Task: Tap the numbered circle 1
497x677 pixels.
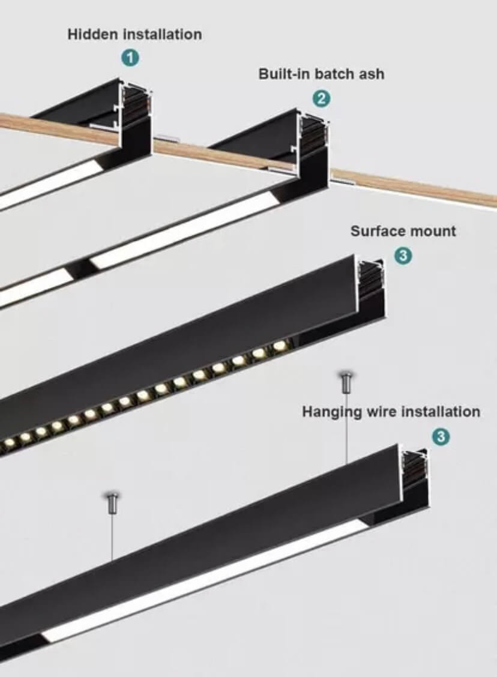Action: (x=131, y=58)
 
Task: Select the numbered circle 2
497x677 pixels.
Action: (x=321, y=99)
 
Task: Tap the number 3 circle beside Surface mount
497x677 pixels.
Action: (x=403, y=256)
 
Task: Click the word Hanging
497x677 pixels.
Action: (x=331, y=412)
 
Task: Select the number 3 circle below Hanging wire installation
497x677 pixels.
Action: (x=441, y=437)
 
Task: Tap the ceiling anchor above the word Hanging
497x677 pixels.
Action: (x=347, y=382)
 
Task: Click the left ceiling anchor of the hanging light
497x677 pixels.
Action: (x=113, y=502)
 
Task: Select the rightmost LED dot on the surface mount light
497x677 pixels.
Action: (x=280, y=346)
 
